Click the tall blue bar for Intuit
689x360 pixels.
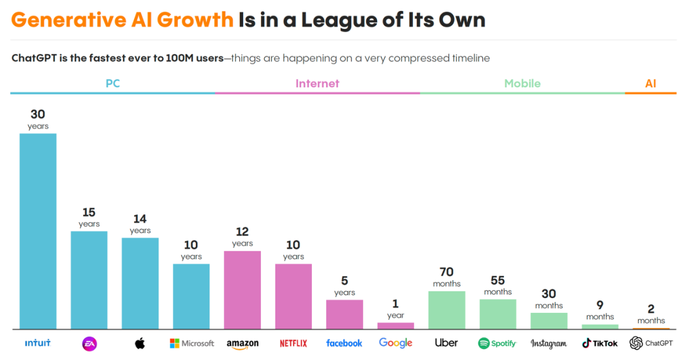(x=38, y=231)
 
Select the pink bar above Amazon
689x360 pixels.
(x=242, y=290)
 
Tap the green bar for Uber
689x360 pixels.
(x=447, y=310)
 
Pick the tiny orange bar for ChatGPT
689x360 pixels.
(x=651, y=328)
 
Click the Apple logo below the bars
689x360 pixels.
(x=140, y=343)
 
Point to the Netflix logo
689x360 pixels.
(x=293, y=343)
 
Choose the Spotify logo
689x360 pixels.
(x=497, y=343)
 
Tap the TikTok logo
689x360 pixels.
(x=600, y=343)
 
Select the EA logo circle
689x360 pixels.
(x=89, y=343)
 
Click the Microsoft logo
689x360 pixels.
(x=191, y=343)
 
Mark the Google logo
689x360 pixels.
(x=396, y=343)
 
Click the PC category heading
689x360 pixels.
(x=112, y=84)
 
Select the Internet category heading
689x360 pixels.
(x=317, y=84)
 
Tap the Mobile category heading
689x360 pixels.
(x=522, y=84)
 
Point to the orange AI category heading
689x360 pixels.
(x=650, y=84)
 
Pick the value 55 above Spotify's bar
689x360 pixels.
(x=498, y=281)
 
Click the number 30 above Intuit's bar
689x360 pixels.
(x=38, y=114)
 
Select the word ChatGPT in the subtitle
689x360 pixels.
(x=36, y=58)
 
